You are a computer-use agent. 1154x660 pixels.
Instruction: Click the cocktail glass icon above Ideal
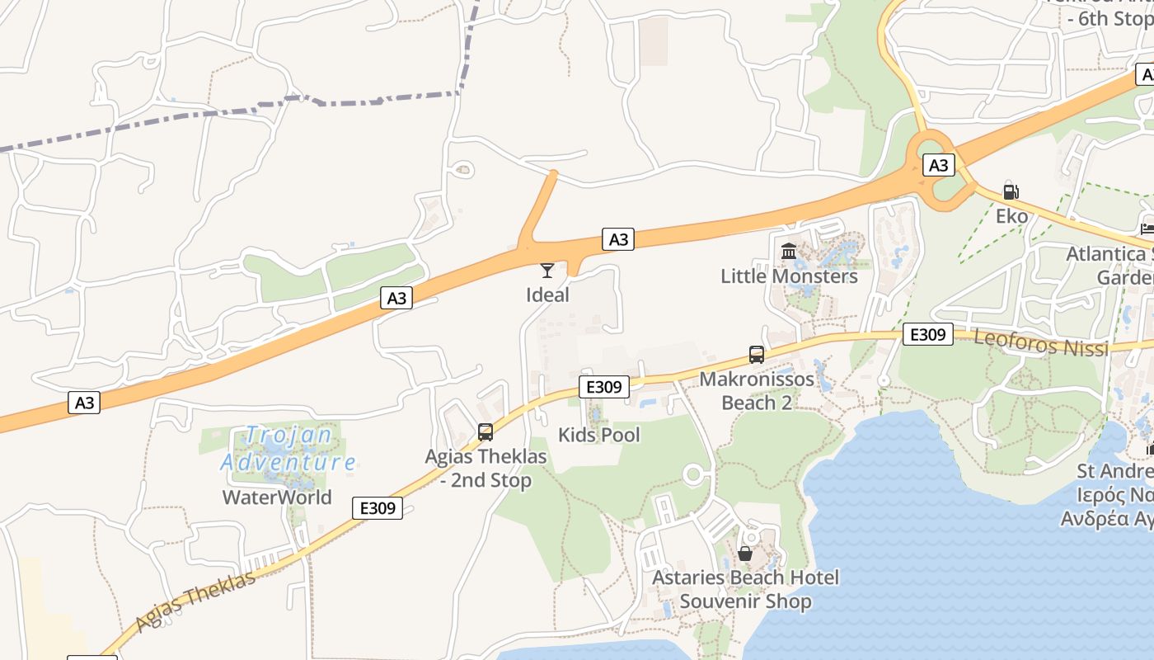(547, 271)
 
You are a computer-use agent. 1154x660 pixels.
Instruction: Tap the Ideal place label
(547, 295)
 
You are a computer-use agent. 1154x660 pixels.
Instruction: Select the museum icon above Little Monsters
(789, 251)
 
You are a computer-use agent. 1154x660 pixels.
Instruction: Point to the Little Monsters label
(789, 276)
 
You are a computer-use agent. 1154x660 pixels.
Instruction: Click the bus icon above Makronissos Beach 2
(757, 355)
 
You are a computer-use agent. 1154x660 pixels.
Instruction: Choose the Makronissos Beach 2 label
(757, 391)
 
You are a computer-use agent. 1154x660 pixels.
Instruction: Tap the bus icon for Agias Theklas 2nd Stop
(486, 432)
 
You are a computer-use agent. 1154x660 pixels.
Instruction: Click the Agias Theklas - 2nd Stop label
(486, 468)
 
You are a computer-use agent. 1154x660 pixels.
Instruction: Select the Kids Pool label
(599, 435)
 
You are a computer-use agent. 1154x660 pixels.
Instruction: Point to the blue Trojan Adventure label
(288, 448)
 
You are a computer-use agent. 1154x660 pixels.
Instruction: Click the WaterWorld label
(277, 497)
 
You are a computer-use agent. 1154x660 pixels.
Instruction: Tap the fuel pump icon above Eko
(1011, 192)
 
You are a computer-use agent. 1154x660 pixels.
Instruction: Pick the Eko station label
(1012, 217)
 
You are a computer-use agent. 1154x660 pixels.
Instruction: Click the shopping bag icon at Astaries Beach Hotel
(745, 554)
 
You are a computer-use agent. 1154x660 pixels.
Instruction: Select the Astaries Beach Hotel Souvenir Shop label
(745, 589)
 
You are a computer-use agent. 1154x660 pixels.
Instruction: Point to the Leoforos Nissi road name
(1041, 342)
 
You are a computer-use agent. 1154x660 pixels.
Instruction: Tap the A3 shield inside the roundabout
(938, 165)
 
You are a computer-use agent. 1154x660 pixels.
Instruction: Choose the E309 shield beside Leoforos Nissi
(928, 334)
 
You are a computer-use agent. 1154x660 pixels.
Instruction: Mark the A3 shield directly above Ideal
(618, 239)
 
